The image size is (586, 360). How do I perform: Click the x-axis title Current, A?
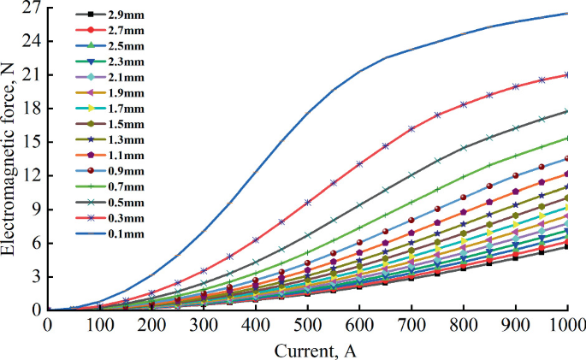coord(307,349)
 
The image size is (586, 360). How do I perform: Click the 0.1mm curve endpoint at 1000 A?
coord(567,14)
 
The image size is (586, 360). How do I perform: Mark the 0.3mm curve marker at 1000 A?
coord(567,75)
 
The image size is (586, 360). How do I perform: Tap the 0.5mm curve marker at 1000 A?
coord(567,111)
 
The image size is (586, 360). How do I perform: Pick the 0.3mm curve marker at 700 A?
coord(411,129)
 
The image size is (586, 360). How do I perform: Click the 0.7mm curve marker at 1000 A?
coord(567,138)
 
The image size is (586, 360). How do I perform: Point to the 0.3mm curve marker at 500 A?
coord(308,203)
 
